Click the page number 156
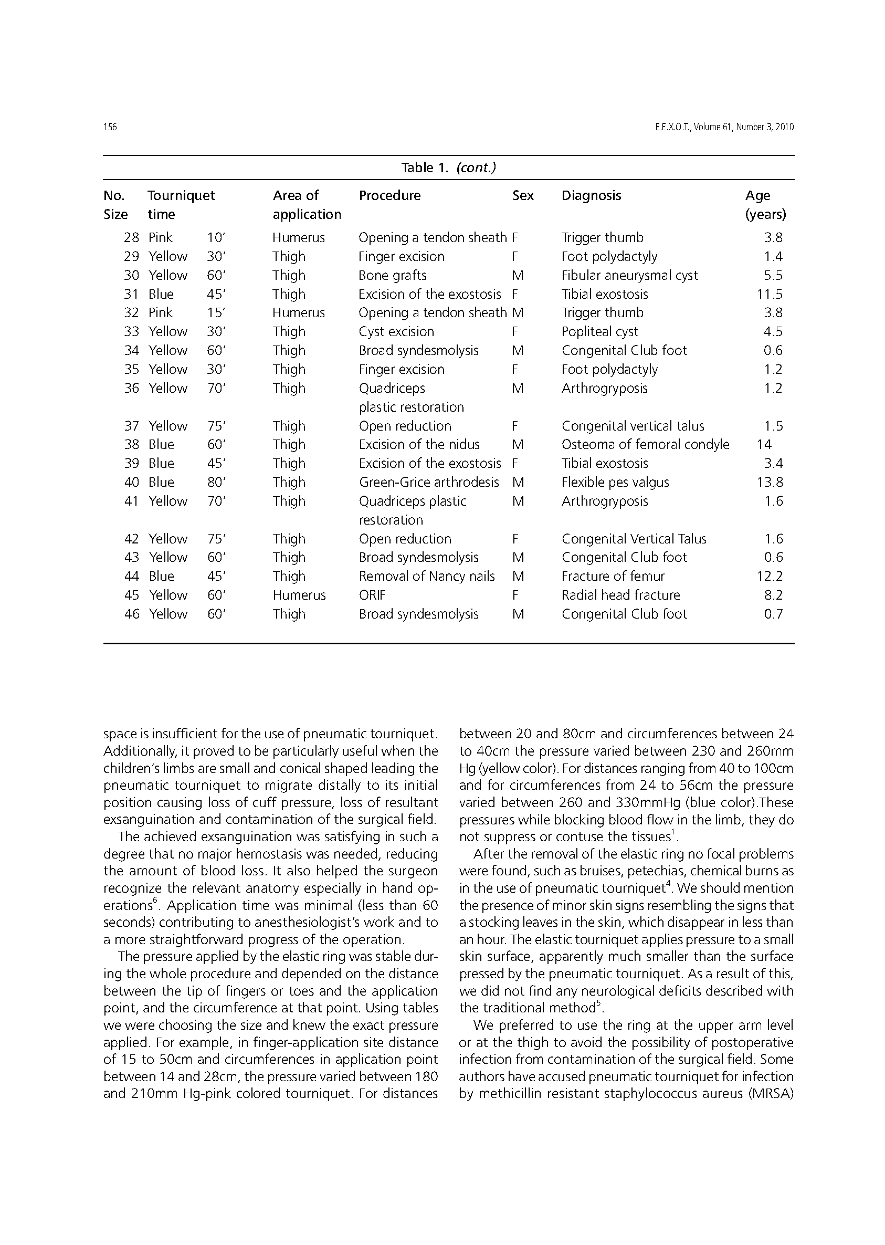tap(110, 127)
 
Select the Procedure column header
tap(389, 196)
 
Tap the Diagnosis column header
tap(591, 196)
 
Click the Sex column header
tap(523, 196)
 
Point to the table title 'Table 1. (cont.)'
tap(448, 168)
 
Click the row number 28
tap(131, 238)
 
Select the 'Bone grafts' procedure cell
tap(392, 275)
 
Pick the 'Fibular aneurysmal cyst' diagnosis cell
tap(629, 275)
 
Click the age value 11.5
tap(770, 295)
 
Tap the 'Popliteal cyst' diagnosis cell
tap(599, 331)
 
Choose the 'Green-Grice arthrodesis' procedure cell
tap(429, 483)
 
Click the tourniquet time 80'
tap(216, 483)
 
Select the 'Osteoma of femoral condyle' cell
tap(645, 445)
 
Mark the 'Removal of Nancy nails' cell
tap(427, 576)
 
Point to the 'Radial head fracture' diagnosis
tap(620, 595)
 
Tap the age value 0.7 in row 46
tap(773, 614)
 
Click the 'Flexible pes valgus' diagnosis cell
tap(615, 483)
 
